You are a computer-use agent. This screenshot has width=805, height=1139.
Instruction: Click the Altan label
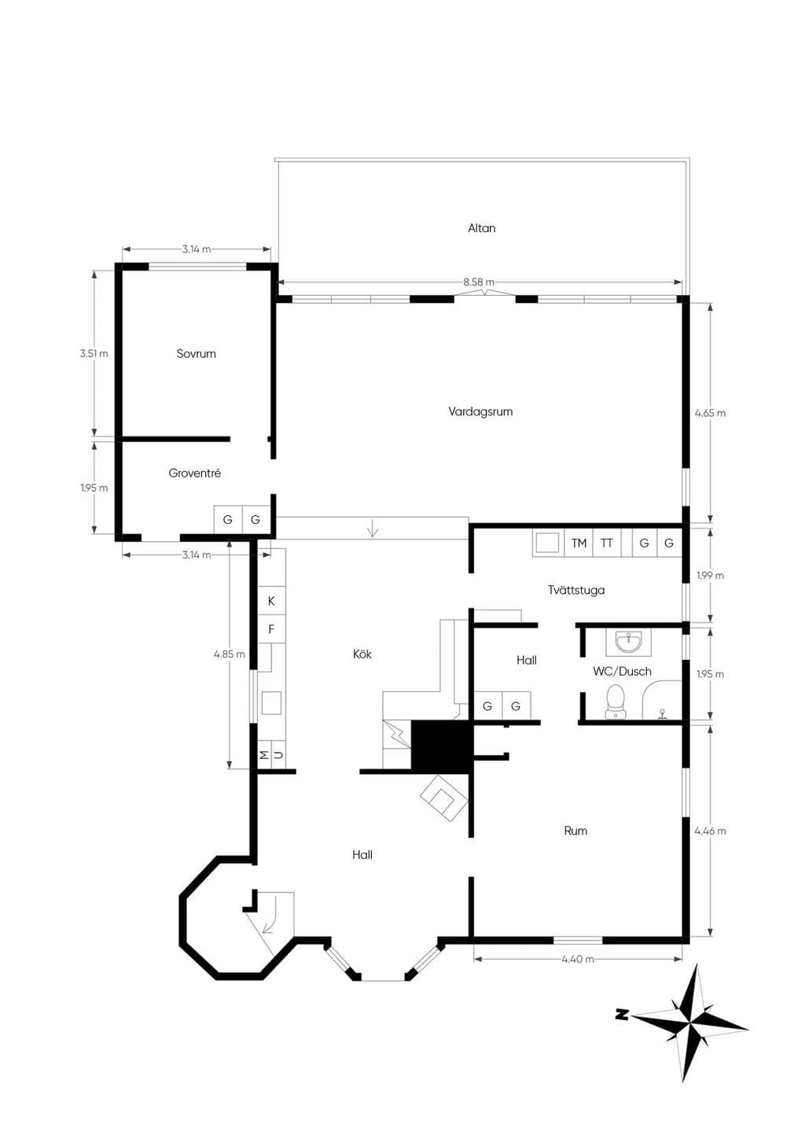click(481, 228)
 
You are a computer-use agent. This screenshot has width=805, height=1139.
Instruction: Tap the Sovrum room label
click(197, 353)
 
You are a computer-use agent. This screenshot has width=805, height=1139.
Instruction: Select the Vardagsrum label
click(480, 411)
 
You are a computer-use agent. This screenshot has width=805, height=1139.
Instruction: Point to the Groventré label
click(195, 473)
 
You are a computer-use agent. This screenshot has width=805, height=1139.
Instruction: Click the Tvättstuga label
click(575, 590)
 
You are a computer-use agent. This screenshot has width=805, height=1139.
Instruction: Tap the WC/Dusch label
click(622, 671)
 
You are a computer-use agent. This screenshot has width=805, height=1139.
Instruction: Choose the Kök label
click(362, 654)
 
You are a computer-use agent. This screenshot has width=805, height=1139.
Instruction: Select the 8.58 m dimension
click(478, 282)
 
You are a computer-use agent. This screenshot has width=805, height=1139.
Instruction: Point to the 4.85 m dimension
click(230, 654)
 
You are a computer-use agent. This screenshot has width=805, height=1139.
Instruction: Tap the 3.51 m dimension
click(94, 353)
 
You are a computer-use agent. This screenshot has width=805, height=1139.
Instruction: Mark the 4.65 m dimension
click(710, 413)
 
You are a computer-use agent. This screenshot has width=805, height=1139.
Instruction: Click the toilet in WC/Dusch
click(616, 702)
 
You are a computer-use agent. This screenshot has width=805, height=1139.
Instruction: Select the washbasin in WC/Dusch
click(629, 642)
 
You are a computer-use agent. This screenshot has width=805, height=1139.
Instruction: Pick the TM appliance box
click(579, 543)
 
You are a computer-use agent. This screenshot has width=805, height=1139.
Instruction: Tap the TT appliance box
click(607, 543)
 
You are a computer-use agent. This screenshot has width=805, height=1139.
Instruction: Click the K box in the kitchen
click(271, 600)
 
